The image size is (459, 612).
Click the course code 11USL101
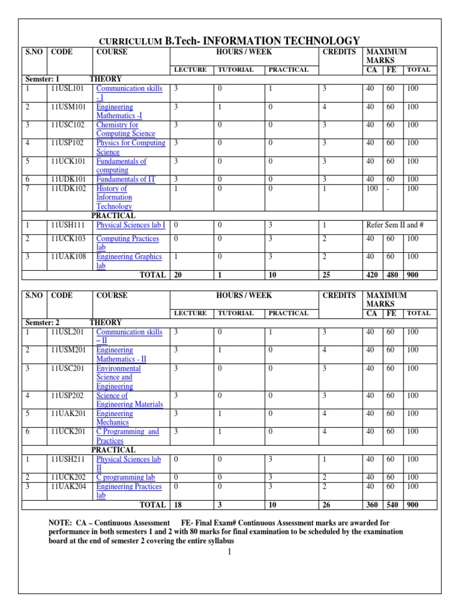coord(68,88)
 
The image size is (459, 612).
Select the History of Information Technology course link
coord(114,197)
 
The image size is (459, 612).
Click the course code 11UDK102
coord(69,188)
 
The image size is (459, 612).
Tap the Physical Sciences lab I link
coord(131,225)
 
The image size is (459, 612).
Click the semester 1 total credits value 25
coord(328,275)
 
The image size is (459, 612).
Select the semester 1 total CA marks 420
coord(372,275)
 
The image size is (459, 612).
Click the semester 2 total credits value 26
coord(328,505)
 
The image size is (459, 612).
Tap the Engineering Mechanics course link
coord(114,418)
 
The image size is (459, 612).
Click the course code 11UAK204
coord(69,486)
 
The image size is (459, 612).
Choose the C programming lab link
coord(126,478)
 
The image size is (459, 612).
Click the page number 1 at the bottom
coord(229,552)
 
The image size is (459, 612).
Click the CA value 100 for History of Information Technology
coord(372,188)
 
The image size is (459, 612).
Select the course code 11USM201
coord(69,350)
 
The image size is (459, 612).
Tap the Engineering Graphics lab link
coord(128,261)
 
